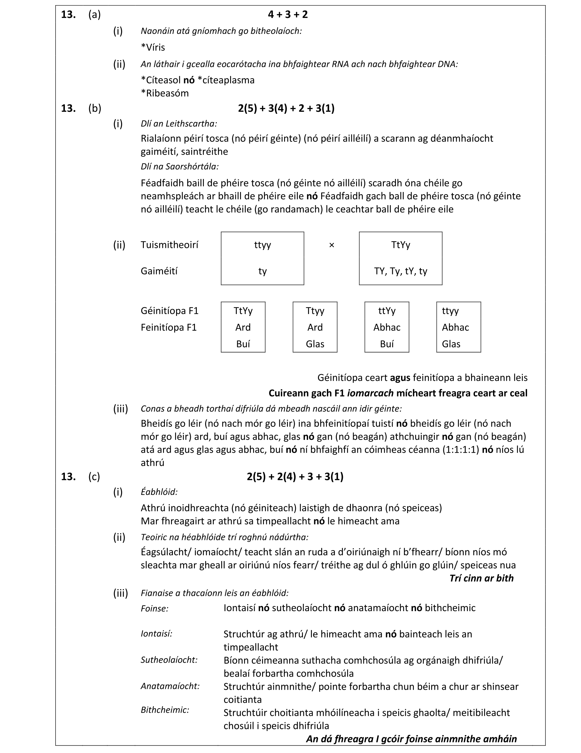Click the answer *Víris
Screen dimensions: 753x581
(x=153, y=47)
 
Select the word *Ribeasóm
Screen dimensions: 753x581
(x=165, y=93)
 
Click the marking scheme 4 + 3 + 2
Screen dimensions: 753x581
(x=288, y=14)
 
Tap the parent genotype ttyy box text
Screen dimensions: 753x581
(x=262, y=245)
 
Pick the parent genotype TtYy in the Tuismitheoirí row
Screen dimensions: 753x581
(x=400, y=245)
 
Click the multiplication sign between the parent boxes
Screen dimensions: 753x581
(x=332, y=245)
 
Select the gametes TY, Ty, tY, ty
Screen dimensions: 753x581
(x=400, y=271)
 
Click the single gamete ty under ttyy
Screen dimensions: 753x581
(x=262, y=271)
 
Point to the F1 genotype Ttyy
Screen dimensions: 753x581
(x=315, y=311)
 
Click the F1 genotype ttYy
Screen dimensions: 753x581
(x=386, y=311)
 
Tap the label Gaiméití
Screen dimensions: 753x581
(x=159, y=271)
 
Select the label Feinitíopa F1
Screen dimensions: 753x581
(x=168, y=327)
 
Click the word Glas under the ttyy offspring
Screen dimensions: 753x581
(x=451, y=344)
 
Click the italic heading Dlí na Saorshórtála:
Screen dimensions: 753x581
(x=179, y=166)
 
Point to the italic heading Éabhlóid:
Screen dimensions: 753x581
(x=159, y=492)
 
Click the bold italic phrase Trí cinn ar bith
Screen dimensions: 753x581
(x=481, y=578)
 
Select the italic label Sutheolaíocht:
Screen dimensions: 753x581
(x=169, y=660)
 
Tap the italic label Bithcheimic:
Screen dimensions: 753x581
(x=165, y=710)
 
